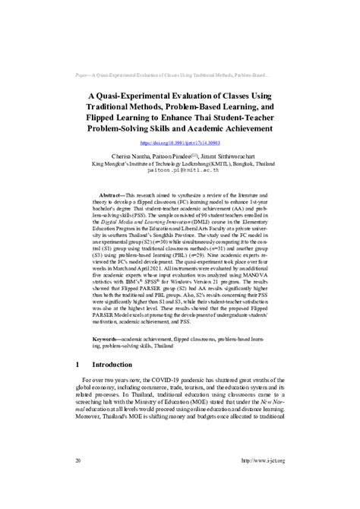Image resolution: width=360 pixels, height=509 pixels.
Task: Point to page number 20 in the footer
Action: pyautogui.click(x=78, y=460)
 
